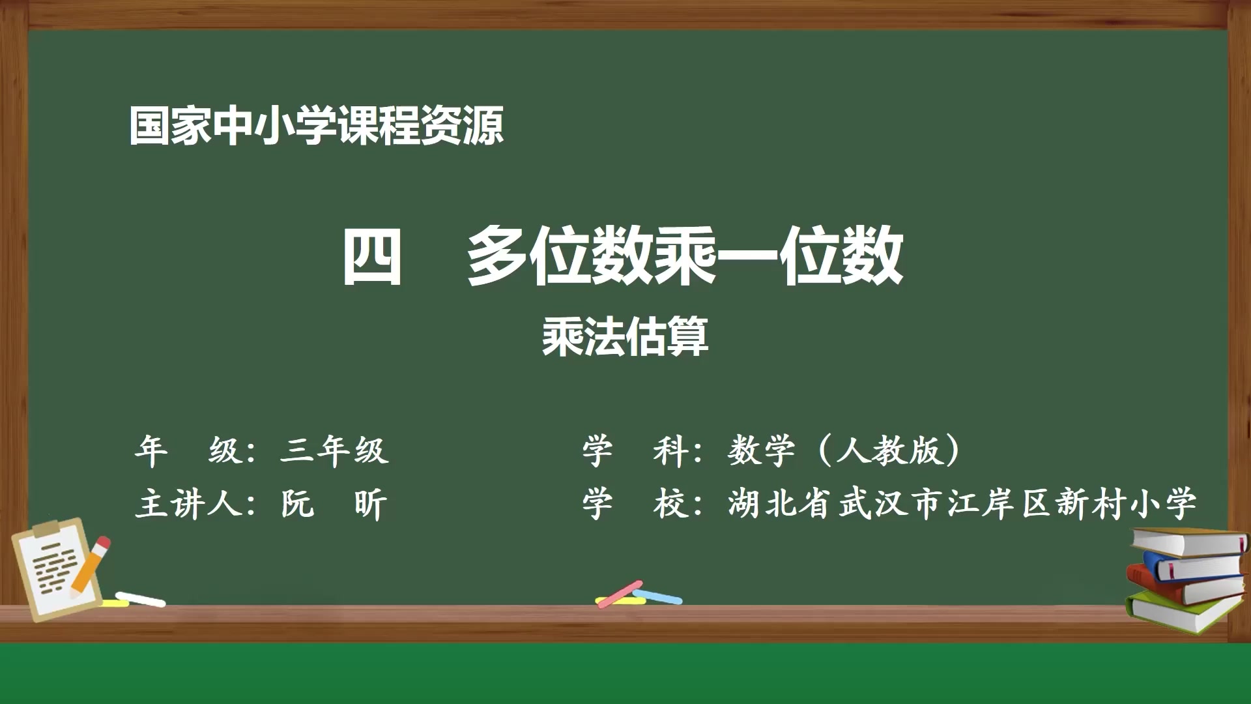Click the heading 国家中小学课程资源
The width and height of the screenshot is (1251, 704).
(317, 126)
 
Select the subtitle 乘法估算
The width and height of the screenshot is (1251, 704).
(625, 337)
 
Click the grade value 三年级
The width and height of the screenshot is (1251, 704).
(334, 450)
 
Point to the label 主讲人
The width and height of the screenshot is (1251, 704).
(189, 505)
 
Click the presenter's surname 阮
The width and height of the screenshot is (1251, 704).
(297, 505)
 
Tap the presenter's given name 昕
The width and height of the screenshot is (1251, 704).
(371, 505)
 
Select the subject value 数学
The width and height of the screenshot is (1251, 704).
(761, 450)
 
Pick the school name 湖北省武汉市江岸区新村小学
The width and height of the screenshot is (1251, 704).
(962, 505)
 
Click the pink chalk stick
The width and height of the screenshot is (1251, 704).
(619, 593)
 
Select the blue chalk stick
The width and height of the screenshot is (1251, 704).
(659, 596)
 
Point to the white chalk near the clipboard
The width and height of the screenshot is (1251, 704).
(141, 599)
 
